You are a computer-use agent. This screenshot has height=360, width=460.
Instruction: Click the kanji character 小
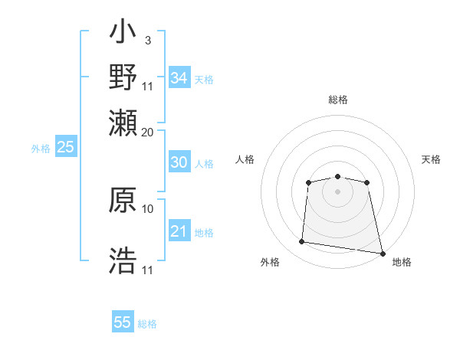(x=123, y=34)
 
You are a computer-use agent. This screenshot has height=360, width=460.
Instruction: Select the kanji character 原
(x=123, y=201)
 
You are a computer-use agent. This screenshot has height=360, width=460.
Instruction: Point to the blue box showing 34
(x=179, y=78)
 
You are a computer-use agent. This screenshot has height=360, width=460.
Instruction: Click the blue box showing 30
(x=179, y=162)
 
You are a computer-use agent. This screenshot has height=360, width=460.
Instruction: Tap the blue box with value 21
(x=179, y=231)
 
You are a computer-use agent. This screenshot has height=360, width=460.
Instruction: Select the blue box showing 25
(x=65, y=148)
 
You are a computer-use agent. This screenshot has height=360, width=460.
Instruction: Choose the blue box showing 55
(x=123, y=322)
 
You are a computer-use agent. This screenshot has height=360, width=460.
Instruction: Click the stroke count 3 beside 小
(x=147, y=39)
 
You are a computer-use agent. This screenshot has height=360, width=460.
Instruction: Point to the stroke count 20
(x=148, y=131)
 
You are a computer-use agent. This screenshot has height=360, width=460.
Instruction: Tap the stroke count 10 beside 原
(x=148, y=208)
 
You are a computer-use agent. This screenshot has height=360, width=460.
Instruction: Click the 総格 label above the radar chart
(x=338, y=100)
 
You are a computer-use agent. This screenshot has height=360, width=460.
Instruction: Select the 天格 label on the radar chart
(x=431, y=159)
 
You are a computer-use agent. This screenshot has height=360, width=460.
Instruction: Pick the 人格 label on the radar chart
(x=245, y=159)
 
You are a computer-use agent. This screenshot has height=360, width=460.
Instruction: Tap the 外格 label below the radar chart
(x=270, y=262)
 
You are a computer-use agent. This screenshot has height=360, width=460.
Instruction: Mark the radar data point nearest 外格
(x=302, y=242)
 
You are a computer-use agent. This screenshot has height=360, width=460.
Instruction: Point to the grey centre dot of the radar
(x=338, y=191)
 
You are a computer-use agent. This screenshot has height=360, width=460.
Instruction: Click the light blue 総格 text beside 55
(x=147, y=323)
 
